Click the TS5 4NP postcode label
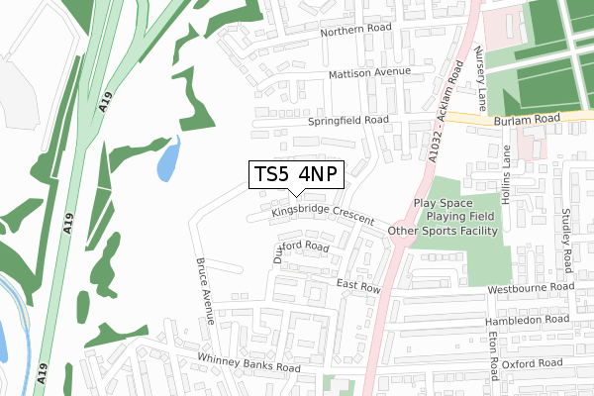point(296,174)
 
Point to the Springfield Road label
point(347,120)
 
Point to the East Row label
point(358,286)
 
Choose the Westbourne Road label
point(531,288)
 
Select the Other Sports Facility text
point(445,232)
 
